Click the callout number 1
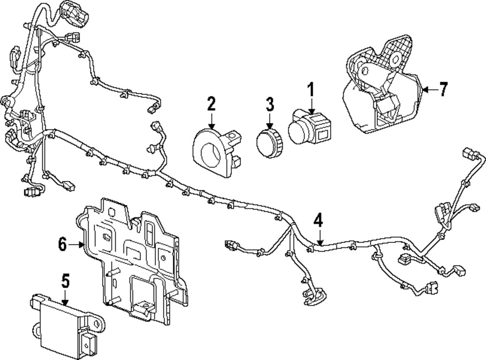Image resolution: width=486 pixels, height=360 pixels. [x=310, y=89]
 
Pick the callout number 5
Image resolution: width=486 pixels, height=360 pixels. [x=65, y=281]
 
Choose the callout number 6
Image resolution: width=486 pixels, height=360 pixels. [x=62, y=245]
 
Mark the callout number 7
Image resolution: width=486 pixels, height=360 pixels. [x=442, y=89]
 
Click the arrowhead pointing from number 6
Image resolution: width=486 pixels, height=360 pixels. [x=83, y=245]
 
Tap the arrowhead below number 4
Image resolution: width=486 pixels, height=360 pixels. [x=319, y=241]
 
